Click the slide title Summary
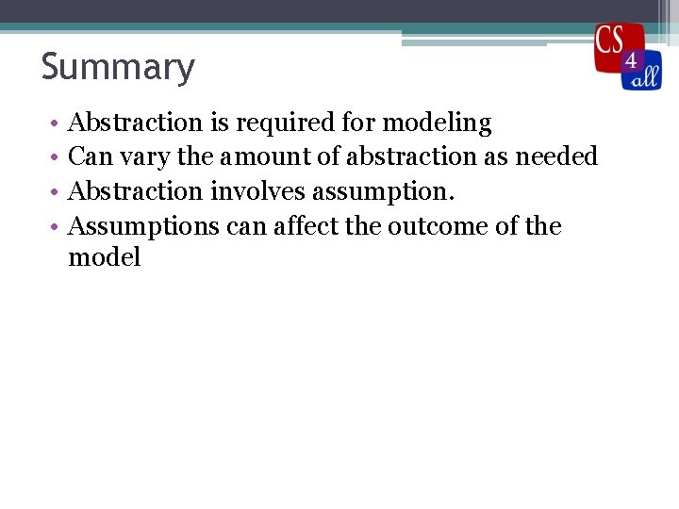(118, 68)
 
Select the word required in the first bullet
(279, 123)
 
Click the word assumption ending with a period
(383, 192)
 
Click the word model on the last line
(105, 258)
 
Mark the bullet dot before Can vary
(56, 157)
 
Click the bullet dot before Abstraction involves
(56, 192)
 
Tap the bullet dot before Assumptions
(56, 227)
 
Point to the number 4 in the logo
(631, 61)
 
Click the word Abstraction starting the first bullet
(136, 123)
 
